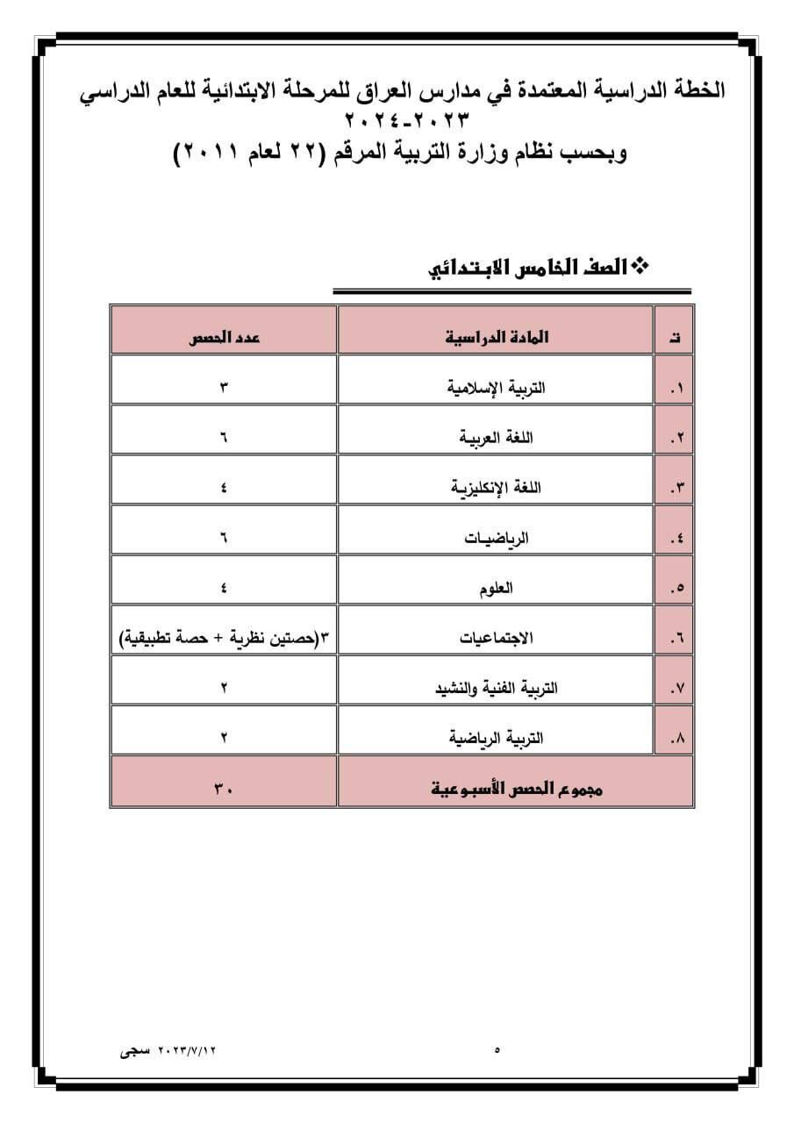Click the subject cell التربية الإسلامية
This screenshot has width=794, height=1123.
pos(497,387)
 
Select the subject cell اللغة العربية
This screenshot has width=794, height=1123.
pos(497,437)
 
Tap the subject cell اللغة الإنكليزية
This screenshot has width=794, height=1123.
pos(497,487)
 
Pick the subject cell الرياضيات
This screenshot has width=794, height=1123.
pos(497,537)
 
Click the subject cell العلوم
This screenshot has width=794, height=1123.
pos(497,587)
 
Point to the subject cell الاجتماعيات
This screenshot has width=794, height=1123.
pos(497,638)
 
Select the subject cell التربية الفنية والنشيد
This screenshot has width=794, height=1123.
pos(497,688)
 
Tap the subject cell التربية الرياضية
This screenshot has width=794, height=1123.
pos(497,738)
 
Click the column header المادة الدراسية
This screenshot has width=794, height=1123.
pos(497,337)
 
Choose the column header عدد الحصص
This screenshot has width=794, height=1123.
pos(224,337)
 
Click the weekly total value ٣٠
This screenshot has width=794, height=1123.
pos(224,789)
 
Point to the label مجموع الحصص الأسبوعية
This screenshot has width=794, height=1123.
pos(518,789)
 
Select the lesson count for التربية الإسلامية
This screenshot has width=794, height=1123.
pos(224,387)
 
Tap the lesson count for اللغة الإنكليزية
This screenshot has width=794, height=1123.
pos(224,487)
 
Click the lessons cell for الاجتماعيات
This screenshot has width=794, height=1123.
pos(224,638)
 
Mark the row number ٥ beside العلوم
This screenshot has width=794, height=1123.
pos(676,588)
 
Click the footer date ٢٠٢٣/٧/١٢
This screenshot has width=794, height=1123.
pos(186,1048)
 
